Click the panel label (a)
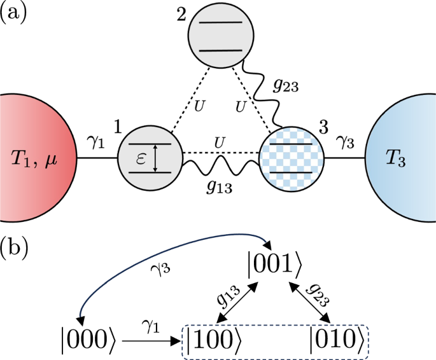click(13, 12)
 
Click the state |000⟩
click(94, 335)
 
